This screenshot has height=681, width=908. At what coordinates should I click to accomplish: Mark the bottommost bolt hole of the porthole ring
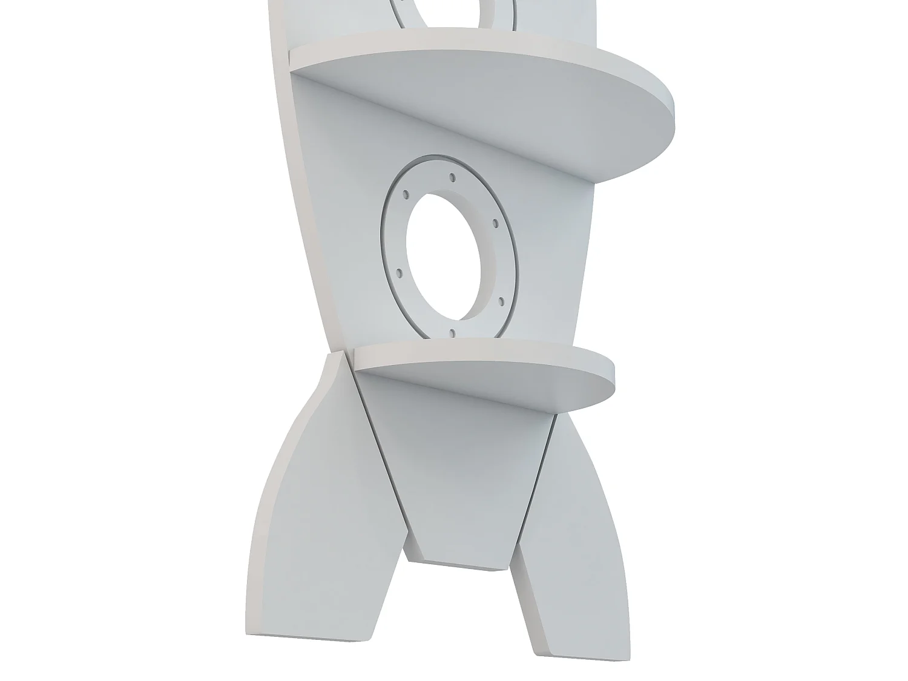(452, 332)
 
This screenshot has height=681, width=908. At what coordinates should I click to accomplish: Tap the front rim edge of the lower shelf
(484, 356)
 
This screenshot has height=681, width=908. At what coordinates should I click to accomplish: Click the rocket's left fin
(315, 515)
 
